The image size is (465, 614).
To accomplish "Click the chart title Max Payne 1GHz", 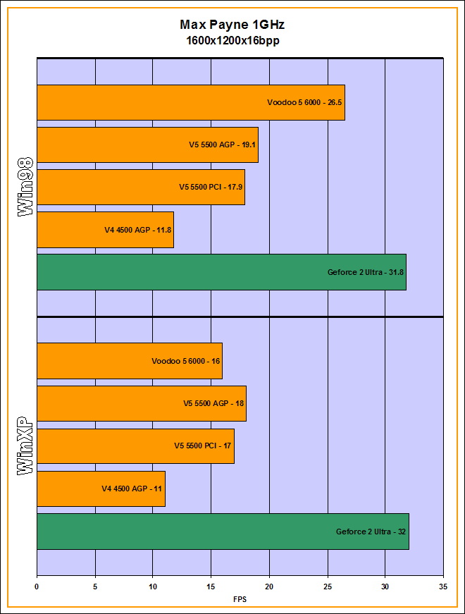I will tap(232, 25).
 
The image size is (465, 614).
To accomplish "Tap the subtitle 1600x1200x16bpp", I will tap(232, 40).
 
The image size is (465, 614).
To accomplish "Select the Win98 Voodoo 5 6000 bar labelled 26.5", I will tap(190, 102).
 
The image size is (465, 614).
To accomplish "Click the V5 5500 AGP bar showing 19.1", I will tap(147, 145).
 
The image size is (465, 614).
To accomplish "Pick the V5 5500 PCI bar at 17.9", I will tap(140, 188).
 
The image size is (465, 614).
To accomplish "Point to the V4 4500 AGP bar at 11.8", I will tap(105, 230).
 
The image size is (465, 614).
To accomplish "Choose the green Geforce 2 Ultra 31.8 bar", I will tap(221, 272).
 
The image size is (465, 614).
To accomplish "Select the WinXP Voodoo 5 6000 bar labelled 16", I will tap(130, 361).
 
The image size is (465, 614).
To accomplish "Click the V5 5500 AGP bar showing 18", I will tap(141, 404).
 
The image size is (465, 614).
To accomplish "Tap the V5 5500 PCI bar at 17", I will tap(135, 446).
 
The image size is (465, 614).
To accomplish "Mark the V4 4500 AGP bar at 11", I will tap(101, 489).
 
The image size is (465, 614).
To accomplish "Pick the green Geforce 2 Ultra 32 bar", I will tap(223, 532).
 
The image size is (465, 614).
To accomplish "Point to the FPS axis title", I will tap(240, 599).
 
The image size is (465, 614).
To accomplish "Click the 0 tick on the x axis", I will tap(37, 585).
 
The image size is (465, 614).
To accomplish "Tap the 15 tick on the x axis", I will tap(211, 585).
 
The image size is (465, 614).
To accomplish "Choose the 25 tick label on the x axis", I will tap(327, 585).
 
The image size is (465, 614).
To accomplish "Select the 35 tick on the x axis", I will tap(443, 585).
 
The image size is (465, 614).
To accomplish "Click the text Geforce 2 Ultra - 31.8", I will tap(366, 272).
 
